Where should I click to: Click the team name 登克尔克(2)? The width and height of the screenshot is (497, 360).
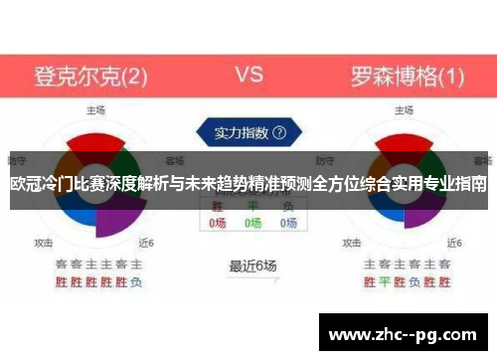click(90, 75)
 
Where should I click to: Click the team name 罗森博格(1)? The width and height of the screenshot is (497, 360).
click(407, 75)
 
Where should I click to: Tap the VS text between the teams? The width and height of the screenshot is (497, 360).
click(248, 74)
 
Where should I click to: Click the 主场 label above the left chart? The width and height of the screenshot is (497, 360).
click(96, 109)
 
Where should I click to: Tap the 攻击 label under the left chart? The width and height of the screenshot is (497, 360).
click(44, 242)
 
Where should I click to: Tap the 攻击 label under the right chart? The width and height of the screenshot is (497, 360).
click(349, 242)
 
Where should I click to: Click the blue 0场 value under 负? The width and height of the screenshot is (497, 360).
click(287, 224)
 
